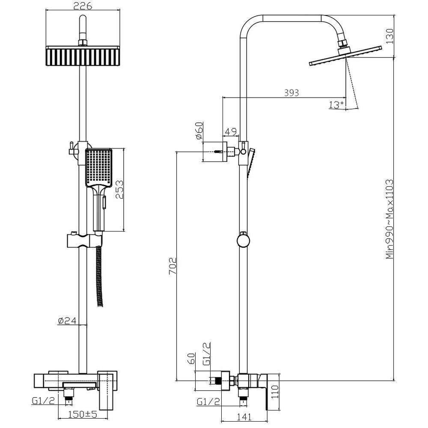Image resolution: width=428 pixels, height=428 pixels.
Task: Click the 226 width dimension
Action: click(83, 6)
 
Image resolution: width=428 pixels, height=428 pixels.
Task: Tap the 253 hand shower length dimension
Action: click(119, 190)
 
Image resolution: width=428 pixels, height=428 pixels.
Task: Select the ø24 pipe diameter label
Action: click(67, 321)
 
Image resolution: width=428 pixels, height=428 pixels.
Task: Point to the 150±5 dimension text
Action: click(83, 414)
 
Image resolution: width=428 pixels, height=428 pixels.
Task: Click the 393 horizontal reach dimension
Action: click(291, 93)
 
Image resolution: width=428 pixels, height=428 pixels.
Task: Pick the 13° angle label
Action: click(336, 105)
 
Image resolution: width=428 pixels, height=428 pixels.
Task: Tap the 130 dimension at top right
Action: click(389, 36)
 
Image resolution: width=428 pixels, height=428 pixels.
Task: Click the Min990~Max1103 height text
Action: click(389, 219)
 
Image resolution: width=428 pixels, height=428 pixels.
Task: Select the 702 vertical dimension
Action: click(172, 266)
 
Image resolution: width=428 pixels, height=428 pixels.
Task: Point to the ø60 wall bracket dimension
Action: click(199, 131)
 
